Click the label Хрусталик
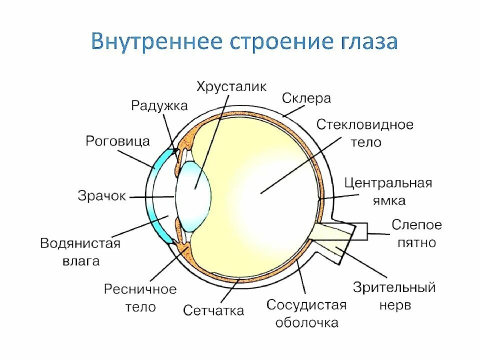[x=231, y=85]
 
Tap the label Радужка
[x=159, y=105]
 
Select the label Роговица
[x=118, y=141]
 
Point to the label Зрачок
[x=102, y=195]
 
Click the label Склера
[x=306, y=98]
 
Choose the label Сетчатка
[x=213, y=310]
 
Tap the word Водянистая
[x=80, y=243]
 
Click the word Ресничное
[x=140, y=289]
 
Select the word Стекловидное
[x=365, y=124]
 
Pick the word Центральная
[x=388, y=183]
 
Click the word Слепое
[x=416, y=225]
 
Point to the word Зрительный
[x=394, y=287]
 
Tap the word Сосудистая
[x=306, y=305]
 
